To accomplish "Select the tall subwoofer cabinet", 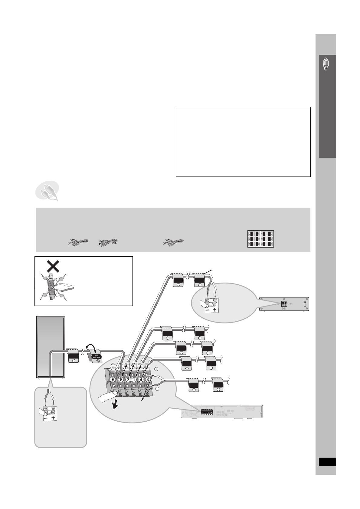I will coord(51,347).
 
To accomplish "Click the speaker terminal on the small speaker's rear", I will coord(284,304).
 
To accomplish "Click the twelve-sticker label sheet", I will coord(260,239).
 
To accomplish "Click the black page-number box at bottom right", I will coord(327,462).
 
